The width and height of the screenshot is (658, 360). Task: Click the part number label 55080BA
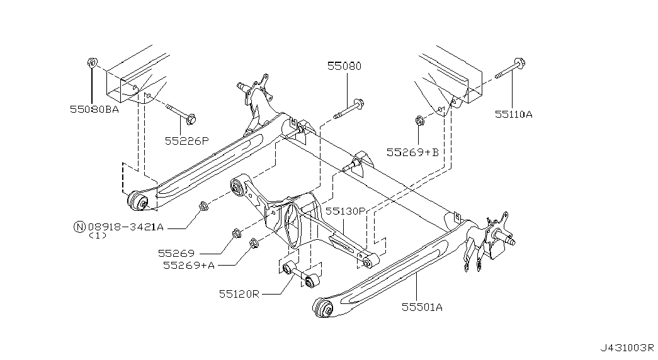(x=94, y=110)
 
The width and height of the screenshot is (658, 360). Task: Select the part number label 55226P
(x=186, y=141)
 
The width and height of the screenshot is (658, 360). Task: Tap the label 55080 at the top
(x=344, y=66)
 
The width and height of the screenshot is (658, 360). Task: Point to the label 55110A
(x=513, y=114)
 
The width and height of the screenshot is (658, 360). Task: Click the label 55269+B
(x=412, y=152)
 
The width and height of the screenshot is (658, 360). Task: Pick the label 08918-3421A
(x=126, y=227)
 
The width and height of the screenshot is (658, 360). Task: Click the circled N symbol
(x=79, y=227)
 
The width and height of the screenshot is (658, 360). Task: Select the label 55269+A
(x=189, y=265)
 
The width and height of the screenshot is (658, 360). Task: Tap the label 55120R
(x=239, y=294)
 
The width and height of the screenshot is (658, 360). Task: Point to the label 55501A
(x=422, y=308)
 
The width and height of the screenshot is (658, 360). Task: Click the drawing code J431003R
(x=627, y=348)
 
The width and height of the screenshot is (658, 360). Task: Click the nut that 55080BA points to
(x=92, y=63)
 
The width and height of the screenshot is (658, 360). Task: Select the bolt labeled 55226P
(x=181, y=113)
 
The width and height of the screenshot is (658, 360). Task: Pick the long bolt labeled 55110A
(x=511, y=69)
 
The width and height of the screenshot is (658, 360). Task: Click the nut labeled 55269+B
(x=418, y=121)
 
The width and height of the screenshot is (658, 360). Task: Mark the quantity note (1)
(x=98, y=236)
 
